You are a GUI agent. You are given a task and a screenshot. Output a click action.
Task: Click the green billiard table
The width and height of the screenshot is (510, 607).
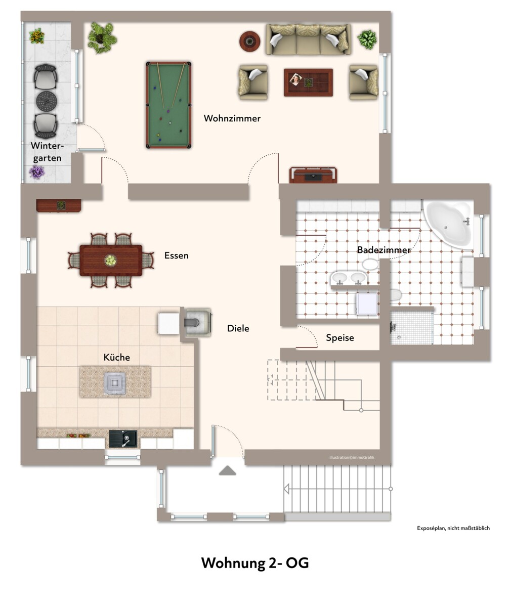[x=168, y=105]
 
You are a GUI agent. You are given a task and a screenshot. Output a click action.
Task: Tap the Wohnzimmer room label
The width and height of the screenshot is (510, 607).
[x=232, y=118]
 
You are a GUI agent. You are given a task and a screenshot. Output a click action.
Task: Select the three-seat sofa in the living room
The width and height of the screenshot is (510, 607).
[x=308, y=39]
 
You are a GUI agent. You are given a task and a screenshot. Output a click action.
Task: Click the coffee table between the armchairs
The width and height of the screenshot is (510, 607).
[x=308, y=82]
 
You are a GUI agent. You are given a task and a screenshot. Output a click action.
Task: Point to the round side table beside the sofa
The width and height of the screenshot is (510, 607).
[x=249, y=41]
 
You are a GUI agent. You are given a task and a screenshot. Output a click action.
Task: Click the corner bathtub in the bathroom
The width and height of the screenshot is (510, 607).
[x=448, y=224]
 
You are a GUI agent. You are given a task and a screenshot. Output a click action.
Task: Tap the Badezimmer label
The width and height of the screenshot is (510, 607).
[x=384, y=250]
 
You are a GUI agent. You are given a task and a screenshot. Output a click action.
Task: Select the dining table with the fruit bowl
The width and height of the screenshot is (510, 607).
[x=111, y=260]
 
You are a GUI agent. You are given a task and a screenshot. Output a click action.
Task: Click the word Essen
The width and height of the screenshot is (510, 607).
[x=176, y=255]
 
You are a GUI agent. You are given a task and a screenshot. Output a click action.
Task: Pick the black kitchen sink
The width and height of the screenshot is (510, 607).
[x=123, y=439]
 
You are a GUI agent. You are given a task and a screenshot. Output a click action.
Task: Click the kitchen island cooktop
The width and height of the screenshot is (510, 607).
[x=115, y=383]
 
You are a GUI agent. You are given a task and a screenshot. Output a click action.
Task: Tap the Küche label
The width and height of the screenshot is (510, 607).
[x=116, y=357]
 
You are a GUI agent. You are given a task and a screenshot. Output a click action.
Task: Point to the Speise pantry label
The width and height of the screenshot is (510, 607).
[x=339, y=338]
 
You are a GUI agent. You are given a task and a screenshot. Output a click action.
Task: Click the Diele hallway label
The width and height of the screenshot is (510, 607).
[x=238, y=328]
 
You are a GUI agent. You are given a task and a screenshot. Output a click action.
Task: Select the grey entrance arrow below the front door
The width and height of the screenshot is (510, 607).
[x=227, y=470]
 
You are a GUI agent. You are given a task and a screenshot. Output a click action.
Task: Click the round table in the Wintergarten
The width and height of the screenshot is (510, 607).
[x=47, y=101]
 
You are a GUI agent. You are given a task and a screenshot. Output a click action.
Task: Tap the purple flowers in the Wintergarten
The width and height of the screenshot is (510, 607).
[x=36, y=172]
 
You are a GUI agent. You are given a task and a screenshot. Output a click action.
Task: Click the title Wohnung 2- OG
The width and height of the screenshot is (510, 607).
[x=254, y=563]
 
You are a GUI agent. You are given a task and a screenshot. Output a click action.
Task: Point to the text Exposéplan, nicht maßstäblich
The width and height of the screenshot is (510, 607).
[x=453, y=528]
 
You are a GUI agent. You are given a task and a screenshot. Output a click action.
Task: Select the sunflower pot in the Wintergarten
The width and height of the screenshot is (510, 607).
[x=36, y=36]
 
